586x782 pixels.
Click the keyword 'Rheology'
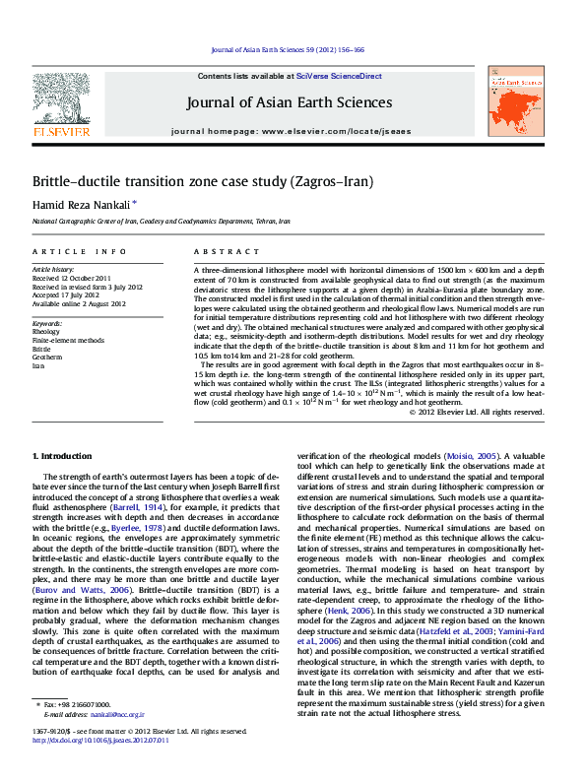click(46, 332)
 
